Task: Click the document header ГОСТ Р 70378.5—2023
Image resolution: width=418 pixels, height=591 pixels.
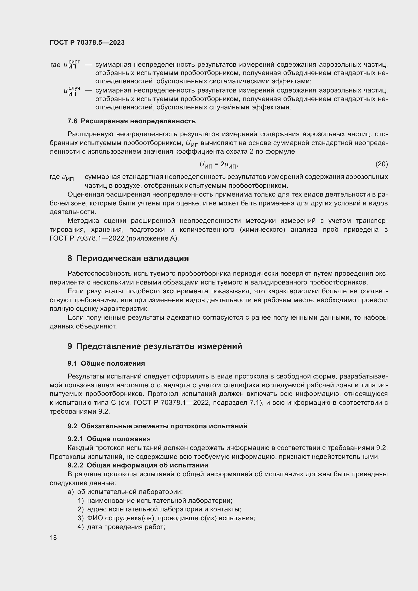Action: pyautogui.click(x=87, y=42)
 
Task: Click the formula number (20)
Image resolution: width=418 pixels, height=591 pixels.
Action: pyautogui.click(x=381, y=164)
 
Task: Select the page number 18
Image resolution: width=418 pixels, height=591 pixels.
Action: pyautogui.click(x=53, y=537)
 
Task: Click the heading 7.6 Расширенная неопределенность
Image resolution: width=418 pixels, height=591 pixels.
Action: pyautogui.click(x=131, y=121)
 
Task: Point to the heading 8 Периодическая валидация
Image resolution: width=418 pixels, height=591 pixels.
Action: pyautogui.click(x=128, y=258)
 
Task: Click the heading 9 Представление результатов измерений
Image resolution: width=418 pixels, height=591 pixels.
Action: pyautogui.click(x=155, y=346)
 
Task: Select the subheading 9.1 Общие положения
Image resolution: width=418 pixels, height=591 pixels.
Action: pyautogui.click(x=106, y=363)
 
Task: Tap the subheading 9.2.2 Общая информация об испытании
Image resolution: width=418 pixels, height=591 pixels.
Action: pyautogui.click(x=138, y=465)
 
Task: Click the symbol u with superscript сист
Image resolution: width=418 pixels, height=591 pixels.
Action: pyautogui.click(x=72, y=64)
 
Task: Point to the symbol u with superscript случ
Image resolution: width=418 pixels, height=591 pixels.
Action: pyautogui.click(x=72, y=91)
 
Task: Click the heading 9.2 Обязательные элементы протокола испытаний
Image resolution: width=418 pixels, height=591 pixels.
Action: pyautogui.click(x=157, y=426)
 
